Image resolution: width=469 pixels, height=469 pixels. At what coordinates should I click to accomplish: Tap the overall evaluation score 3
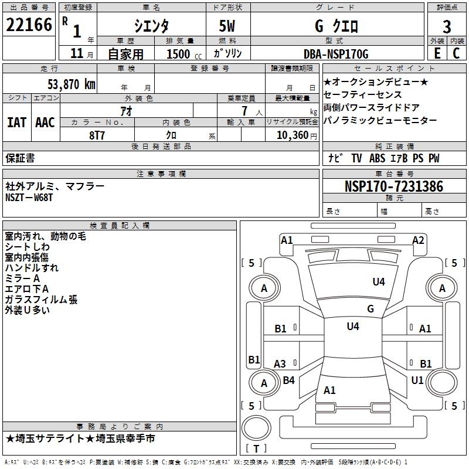pyautogui.click(x=447, y=27)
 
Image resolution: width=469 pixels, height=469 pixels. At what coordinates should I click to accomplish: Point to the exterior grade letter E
pyautogui.click(x=437, y=53)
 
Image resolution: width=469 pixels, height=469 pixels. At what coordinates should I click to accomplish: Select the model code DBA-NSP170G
pyautogui.click(x=337, y=54)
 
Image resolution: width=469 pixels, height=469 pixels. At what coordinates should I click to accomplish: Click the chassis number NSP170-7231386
pyautogui.click(x=393, y=186)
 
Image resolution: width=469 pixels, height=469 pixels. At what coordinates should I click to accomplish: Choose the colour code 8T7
pyautogui.click(x=97, y=135)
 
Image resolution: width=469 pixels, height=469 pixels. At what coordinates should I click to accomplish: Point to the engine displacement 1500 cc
pyautogui.click(x=181, y=54)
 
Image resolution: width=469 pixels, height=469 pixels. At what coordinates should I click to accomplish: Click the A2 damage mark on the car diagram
pyautogui.click(x=418, y=240)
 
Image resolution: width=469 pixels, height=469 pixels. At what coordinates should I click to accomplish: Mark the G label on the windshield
pyautogui.click(x=371, y=308)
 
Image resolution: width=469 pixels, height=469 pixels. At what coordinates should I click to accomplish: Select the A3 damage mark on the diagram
pyautogui.click(x=280, y=364)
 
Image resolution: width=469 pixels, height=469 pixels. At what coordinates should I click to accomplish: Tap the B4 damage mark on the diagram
pyautogui.click(x=288, y=380)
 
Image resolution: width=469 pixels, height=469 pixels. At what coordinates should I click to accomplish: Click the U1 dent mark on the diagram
pyautogui.click(x=417, y=380)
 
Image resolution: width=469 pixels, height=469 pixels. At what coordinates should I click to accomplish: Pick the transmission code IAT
pyautogui.click(x=17, y=123)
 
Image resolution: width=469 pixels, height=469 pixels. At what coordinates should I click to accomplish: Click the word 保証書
pyautogui.click(x=20, y=158)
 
